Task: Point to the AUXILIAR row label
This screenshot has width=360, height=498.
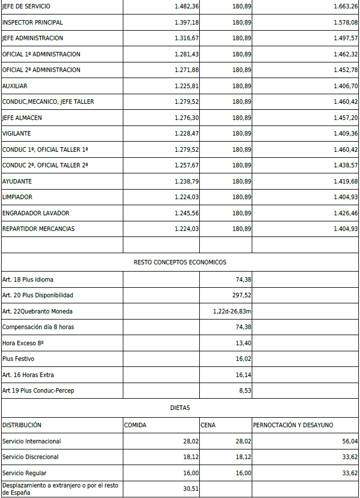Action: (15, 86)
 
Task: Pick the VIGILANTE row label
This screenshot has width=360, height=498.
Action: (16, 134)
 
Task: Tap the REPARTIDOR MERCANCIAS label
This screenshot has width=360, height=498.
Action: (39, 229)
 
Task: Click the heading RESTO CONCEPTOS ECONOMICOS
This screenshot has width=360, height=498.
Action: (180, 262)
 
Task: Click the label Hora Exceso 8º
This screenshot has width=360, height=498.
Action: (23, 343)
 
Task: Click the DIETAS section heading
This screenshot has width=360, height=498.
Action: (180, 408)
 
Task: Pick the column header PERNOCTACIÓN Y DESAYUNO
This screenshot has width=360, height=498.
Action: (293, 425)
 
